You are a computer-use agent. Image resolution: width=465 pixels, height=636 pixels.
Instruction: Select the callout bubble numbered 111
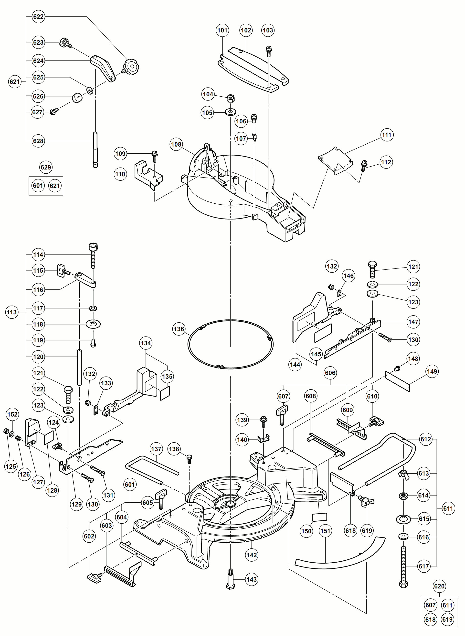386,135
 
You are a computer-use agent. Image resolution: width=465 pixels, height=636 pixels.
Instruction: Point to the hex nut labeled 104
231,98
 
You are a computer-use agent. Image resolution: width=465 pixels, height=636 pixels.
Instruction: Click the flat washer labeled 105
231,112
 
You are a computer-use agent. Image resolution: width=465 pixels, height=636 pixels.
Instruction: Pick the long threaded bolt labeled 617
403,566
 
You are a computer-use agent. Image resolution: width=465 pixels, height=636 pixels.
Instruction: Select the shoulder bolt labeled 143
231,579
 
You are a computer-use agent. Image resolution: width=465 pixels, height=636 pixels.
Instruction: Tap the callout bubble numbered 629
46,168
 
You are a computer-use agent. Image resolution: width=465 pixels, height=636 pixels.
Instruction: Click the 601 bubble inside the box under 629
38,186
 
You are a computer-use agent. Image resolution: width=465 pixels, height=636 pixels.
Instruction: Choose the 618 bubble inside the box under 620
430,620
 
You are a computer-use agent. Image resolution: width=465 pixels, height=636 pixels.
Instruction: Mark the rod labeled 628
95,149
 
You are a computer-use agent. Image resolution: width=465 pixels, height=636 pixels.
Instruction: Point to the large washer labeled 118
93,324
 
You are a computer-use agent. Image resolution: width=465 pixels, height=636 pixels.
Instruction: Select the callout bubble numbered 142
251,555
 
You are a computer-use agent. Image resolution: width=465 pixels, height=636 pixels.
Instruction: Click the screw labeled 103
269,51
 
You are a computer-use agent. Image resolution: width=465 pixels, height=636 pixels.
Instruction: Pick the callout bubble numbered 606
330,373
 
